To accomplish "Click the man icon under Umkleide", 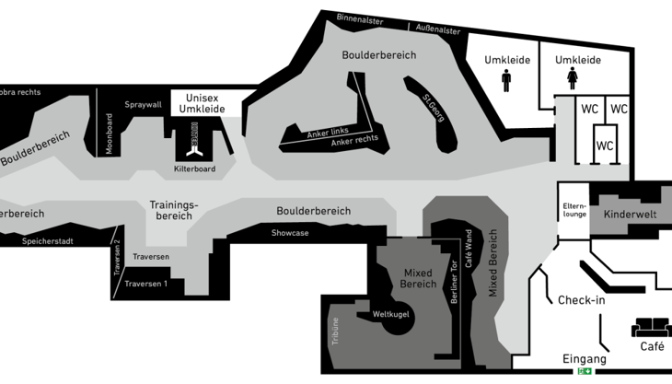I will (x=506, y=81).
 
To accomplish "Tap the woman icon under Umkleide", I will (x=573, y=80).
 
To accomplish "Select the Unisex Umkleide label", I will (x=203, y=103).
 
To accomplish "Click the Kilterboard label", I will (x=194, y=169).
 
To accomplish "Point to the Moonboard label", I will (x=108, y=134).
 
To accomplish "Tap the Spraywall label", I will (x=143, y=105).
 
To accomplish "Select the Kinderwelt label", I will (x=631, y=215).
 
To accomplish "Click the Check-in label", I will (x=582, y=300).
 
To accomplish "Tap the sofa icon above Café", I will (x=651, y=327).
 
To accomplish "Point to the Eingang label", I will (x=585, y=358).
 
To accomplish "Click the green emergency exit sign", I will (x=585, y=371).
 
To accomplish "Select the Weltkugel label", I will (x=389, y=315).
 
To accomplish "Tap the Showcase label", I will (x=290, y=233).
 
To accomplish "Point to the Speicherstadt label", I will (x=48, y=241).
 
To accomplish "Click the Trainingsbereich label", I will (x=174, y=210).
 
